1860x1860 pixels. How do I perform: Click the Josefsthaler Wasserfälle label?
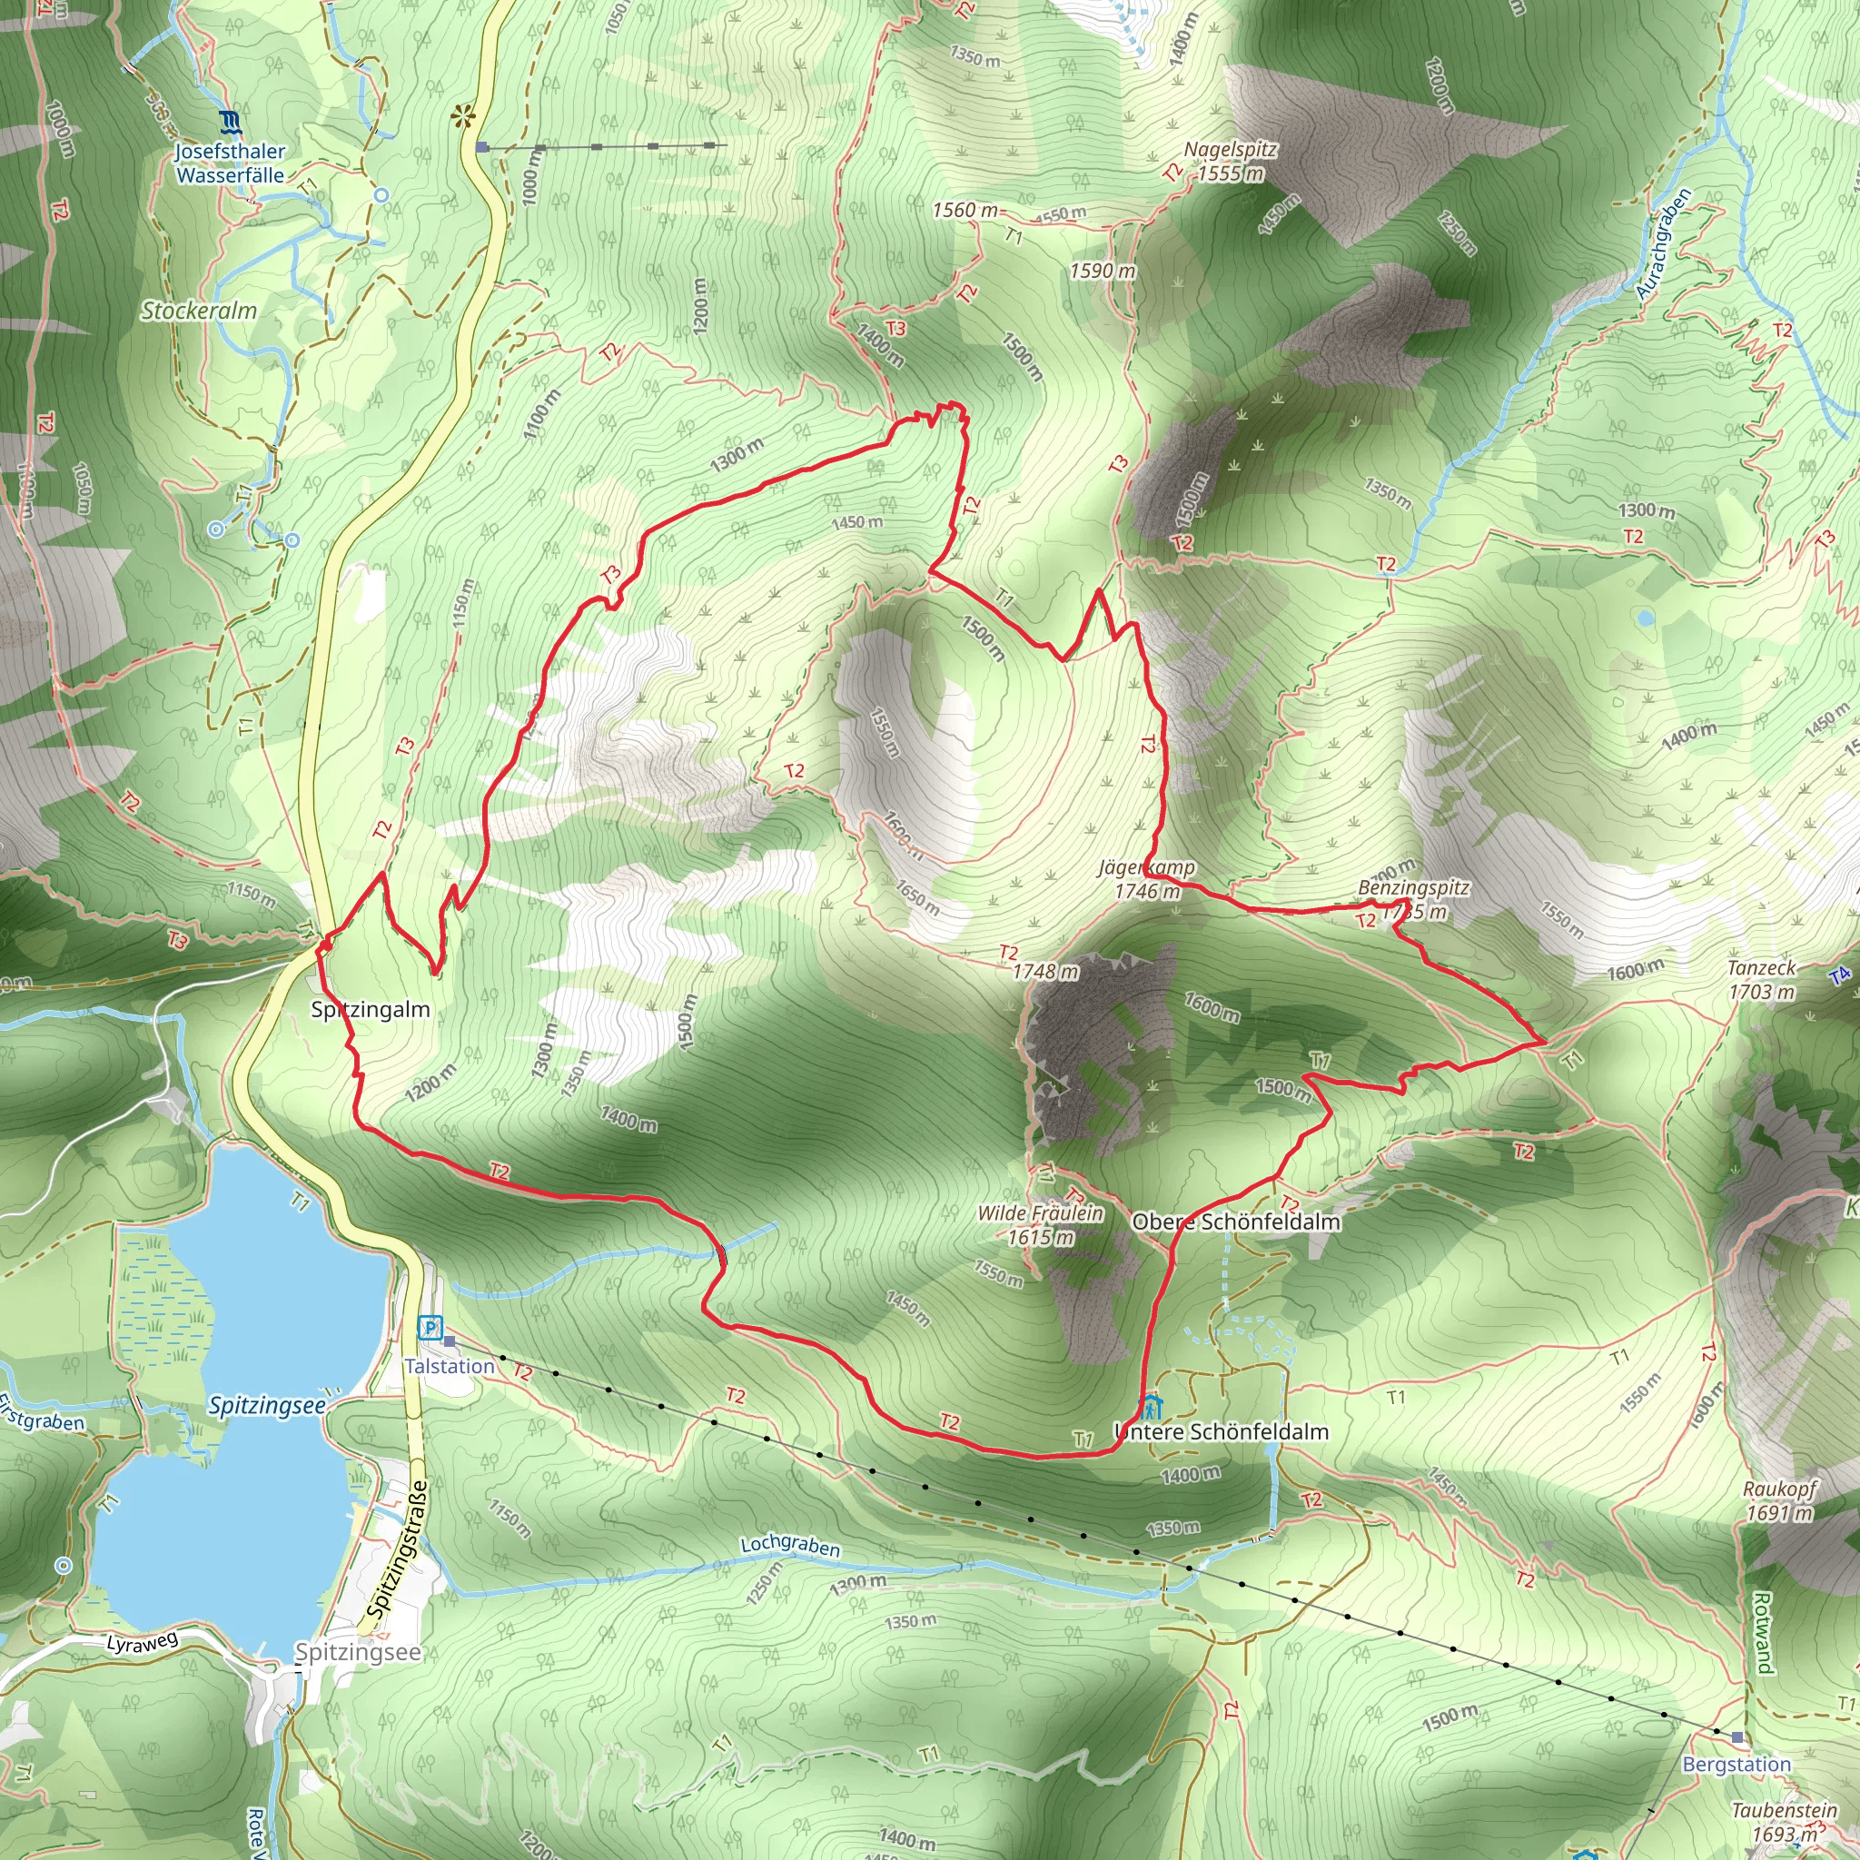tap(230, 163)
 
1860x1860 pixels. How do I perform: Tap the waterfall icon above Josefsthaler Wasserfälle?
tap(230, 123)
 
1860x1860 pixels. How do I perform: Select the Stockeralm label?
tap(199, 311)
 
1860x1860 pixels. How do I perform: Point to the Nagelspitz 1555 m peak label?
tap(1230, 162)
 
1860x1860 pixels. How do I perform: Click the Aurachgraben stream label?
tap(1664, 243)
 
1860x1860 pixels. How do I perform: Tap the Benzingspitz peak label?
tap(1413, 897)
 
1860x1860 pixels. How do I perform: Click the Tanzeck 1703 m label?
tap(1761, 979)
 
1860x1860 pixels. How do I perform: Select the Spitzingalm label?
tap(370, 1009)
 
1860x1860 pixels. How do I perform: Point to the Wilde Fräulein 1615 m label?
tap(1040, 1224)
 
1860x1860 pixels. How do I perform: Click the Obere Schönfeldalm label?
tap(1236, 1222)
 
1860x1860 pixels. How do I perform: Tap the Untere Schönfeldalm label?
tap(1221, 1431)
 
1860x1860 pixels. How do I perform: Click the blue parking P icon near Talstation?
tap(430, 1329)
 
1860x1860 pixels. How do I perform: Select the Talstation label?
tap(449, 1366)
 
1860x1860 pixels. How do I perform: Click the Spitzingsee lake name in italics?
tap(267, 1406)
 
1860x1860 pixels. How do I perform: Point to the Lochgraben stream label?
tap(789, 1544)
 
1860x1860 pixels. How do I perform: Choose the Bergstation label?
tap(1736, 1765)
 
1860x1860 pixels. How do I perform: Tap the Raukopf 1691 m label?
tap(1779, 1501)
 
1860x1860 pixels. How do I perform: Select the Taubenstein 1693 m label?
tap(1784, 1822)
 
